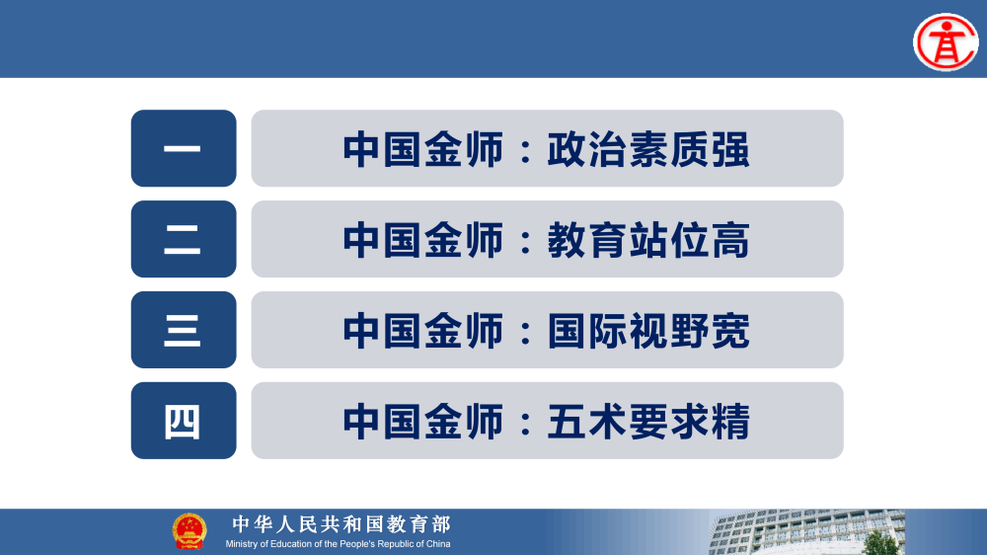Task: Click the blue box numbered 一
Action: (184, 148)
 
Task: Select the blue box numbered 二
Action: (184, 239)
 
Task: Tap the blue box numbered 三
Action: (184, 330)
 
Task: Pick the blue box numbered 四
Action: (184, 421)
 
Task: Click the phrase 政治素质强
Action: (648, 150)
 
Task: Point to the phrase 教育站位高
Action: (648, 241)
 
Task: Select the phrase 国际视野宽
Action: (648, 332)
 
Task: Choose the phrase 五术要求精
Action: (648, 423)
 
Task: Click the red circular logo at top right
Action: (945, 42)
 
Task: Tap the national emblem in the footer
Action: (190, 531)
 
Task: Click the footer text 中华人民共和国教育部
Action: (341, 524)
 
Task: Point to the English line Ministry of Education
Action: (338, 544)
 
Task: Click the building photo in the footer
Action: (849, 533)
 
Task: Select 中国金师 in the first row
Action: (423, 150)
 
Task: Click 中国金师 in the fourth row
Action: (423, 423)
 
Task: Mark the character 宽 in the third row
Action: (730, 332)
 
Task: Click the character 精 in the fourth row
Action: (730, 423)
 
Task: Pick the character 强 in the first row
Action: (730, 150)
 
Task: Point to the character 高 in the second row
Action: (730, 241)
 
